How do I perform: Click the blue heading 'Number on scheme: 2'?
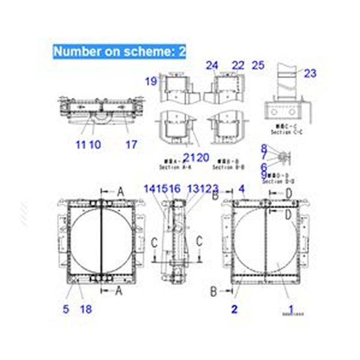119,51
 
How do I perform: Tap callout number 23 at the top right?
310,73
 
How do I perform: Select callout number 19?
151,81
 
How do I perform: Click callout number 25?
258,66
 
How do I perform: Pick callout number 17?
131,144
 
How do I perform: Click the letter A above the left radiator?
120,192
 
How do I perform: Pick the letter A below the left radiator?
118,291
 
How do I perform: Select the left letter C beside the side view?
154,243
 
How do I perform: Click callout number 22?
238,66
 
